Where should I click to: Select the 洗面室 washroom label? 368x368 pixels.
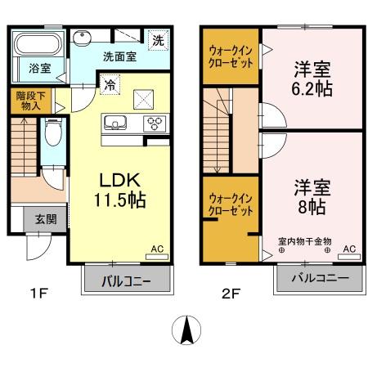click(119, 57)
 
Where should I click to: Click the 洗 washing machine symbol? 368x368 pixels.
click(157, 37)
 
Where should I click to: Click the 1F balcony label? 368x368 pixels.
click(128, 282)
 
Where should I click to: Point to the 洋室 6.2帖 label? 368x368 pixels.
click(312, 79)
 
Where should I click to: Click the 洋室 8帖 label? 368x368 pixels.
click(312, 197)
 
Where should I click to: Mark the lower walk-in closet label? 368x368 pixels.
click(231, 203)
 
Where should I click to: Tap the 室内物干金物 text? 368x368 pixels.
click(303, 241)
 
